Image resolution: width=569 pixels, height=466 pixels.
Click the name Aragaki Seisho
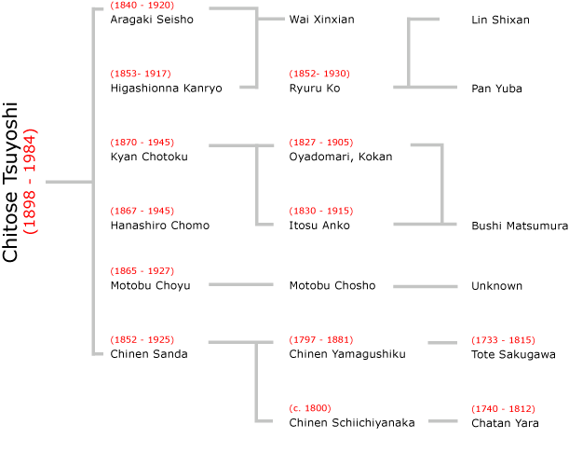point(152,20)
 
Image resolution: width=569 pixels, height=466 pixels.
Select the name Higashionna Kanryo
point(166,89)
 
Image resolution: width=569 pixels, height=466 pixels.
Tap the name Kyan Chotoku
point(149,157)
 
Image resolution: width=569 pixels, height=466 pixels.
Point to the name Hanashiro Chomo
point(160,226)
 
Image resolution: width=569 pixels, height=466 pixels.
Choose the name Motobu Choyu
point(150,285)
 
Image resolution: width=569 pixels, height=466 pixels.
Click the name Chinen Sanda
point(149,354)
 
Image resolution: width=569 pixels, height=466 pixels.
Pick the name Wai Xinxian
point(321,20)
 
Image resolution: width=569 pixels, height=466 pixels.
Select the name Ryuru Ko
point(315,89)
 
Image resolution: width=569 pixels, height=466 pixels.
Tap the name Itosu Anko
point(319,226)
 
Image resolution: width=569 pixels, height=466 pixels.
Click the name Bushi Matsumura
point(520,226)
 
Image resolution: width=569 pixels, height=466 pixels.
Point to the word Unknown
point(496,286)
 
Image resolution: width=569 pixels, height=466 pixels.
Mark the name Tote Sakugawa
point(513,354)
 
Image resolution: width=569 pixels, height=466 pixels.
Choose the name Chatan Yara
point(505,423)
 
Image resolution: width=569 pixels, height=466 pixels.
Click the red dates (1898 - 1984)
point(30,181)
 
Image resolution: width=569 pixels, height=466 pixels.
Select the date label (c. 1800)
point(310,408)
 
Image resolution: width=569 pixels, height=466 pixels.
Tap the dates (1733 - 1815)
point(503,340)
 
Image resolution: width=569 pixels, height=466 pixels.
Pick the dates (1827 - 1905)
point(320,143)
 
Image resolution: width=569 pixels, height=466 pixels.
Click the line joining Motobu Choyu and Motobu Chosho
point(241,284)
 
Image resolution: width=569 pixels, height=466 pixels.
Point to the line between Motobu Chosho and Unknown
point(425,286)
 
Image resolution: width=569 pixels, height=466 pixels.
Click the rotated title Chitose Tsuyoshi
point(10,182)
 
